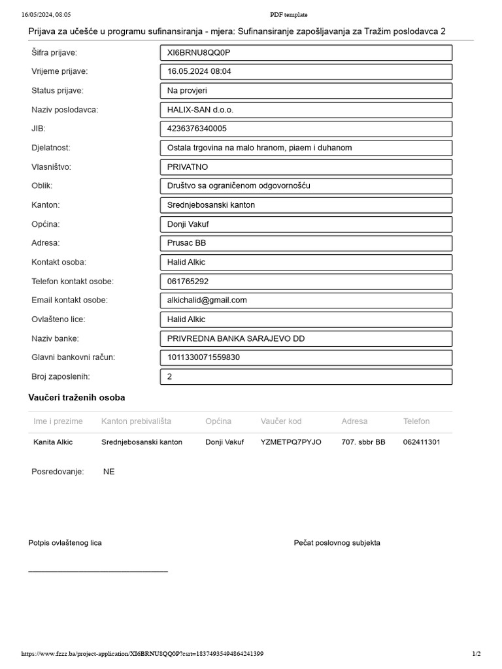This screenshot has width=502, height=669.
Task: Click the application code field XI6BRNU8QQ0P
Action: click(305, 53)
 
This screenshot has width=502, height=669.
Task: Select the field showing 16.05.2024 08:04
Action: click(305, 72)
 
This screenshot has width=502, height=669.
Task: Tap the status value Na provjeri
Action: click(305, 91)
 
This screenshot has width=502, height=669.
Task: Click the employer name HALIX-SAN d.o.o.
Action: click(305, 110)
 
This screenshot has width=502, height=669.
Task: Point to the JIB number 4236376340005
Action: click(305, 129)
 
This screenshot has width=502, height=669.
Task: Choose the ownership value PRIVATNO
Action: click(305, 167)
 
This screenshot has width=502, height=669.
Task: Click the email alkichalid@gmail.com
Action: click(305, 301)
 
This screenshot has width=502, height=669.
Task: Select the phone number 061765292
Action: click(305, 282)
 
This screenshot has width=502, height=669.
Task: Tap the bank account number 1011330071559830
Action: click(305, 358)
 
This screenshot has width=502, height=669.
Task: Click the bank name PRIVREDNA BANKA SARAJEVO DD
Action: click(305, 339)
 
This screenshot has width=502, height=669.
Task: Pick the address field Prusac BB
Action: click(305, 243)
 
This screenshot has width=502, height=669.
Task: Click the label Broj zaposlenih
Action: click(61, 377)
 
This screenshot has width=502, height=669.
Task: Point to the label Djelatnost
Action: click(51, 148)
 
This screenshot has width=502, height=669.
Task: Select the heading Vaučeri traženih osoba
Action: click(76, 398)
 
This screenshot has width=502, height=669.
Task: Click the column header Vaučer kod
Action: click(281, 421)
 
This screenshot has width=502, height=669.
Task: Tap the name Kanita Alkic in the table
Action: click(53, 442)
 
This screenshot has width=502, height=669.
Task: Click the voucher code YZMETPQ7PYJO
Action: click(291, 442)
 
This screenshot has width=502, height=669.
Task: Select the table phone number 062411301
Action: click(422, 442)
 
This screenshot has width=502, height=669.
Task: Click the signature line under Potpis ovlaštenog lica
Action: click(98, 571)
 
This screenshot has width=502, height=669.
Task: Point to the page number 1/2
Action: click(476, 654)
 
